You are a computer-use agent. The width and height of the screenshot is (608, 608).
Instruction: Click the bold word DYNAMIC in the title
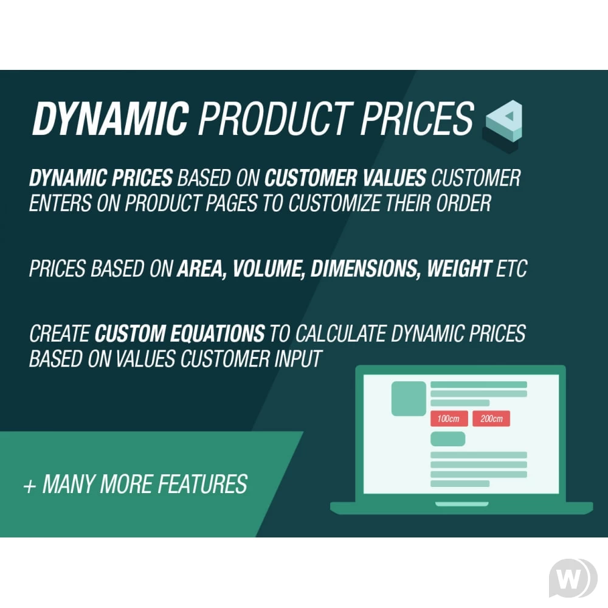pos(111,119)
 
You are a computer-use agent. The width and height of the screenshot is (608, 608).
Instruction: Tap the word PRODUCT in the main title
pos(275,119)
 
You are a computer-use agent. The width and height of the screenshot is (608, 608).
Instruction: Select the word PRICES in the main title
pos(418,119)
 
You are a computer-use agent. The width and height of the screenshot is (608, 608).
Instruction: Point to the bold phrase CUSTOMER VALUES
pos(345,178)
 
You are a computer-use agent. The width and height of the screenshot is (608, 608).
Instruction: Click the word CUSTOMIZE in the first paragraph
pos(334,203)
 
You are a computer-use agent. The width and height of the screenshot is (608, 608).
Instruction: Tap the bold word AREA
pos(202,269)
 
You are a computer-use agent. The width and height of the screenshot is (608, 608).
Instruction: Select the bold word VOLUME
pos(268,269)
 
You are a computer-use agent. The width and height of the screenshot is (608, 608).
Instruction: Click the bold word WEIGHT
pos(460,268)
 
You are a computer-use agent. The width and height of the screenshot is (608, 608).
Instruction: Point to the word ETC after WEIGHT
pos(512,268)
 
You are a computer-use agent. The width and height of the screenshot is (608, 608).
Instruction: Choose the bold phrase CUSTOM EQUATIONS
pos(180,333)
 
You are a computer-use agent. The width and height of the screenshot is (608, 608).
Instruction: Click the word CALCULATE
pos(341,333)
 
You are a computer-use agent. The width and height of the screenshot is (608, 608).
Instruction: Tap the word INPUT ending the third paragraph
pos(298,359)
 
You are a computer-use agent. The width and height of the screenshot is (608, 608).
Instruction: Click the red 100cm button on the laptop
pos(449,419)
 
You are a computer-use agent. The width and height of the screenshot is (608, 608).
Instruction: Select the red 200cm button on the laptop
pos(491,419)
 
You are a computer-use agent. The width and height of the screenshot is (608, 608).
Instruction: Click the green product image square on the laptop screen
pos(409,399)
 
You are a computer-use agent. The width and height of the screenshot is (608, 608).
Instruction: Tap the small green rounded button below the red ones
pos(448,439)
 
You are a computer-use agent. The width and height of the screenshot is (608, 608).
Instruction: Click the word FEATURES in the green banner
pos(203,484)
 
